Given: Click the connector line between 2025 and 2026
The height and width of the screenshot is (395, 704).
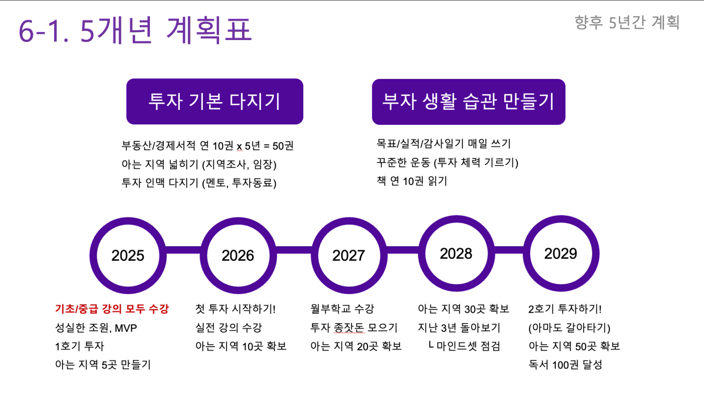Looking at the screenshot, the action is [183, 250].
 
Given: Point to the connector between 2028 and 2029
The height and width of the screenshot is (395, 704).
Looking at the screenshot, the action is [509, 250].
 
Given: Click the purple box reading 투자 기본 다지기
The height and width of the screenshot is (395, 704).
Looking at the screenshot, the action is [215, 102].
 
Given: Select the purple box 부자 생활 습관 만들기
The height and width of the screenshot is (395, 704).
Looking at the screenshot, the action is [469, 102].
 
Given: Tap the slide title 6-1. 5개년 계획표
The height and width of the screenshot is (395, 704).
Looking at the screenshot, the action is [135, 30].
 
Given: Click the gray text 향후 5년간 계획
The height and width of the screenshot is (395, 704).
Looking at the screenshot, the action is [627, 22].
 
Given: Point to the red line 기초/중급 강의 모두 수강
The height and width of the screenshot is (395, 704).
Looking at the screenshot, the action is [112, 309].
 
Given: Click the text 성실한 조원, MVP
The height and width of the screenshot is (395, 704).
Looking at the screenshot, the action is [96, 328].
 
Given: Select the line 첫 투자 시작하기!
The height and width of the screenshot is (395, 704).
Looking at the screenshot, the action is [235, 309].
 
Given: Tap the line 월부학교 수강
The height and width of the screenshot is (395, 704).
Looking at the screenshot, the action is [342, 309].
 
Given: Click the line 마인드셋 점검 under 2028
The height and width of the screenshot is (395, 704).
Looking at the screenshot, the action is [464, 346].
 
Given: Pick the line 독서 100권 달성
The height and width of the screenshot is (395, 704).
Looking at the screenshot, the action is [565, 365].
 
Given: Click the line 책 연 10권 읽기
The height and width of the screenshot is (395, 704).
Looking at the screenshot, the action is [412, 181].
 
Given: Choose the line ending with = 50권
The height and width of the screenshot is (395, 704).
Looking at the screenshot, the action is [207, 146].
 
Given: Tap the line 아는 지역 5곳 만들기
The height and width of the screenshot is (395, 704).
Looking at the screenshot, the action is [103, 364].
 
